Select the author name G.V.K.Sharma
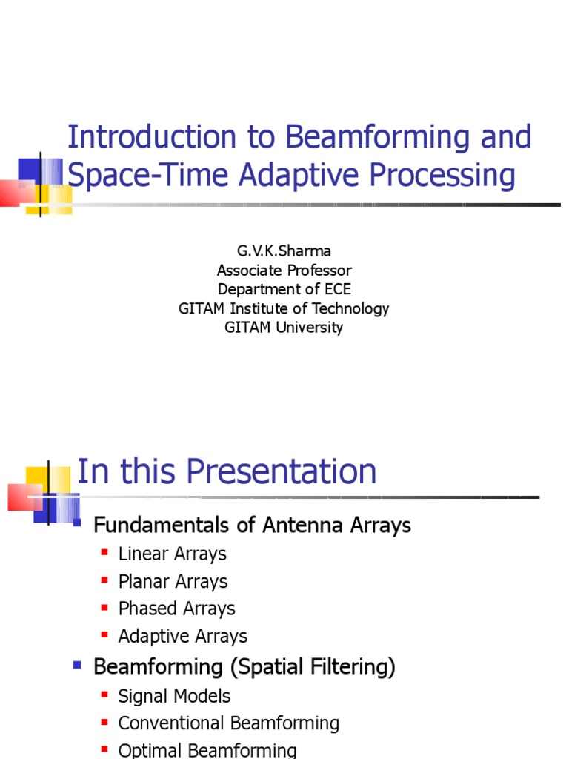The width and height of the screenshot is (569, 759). [284, 251]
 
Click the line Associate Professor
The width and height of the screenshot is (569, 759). [284, 270]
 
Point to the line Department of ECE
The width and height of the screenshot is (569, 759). [284, 289]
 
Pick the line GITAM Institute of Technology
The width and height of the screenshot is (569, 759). [284, 308]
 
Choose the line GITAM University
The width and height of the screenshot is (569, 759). [284, 328]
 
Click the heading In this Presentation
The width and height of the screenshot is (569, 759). [227, 471]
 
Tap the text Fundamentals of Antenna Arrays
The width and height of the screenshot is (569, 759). [252, 526]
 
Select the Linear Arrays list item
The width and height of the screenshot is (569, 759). [172, 554]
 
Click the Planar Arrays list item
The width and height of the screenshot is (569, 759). [173, 581]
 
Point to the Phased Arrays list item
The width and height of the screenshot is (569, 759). [176, 609]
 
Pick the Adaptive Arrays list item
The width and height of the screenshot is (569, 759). [182, 636]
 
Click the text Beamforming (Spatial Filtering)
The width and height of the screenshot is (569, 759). [244, 667]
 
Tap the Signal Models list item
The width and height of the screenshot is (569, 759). [174, 696]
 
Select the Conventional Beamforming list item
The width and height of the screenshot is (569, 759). [228, 723]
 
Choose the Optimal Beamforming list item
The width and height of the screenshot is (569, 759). [207, 750]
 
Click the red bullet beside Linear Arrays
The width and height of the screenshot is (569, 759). [104, 553]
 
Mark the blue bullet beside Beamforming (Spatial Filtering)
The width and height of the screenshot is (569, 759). [77, 666]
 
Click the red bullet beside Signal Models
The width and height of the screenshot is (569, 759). [104, 695]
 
